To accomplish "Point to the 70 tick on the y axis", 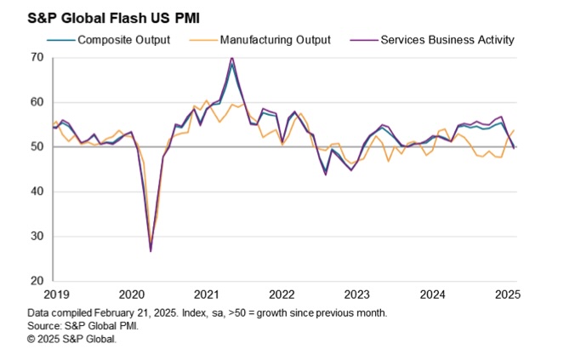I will click(37, 58).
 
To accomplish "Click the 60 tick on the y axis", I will click(37, 102).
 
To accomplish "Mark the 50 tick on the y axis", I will click(37, 147).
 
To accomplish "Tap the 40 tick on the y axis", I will click(37, 191).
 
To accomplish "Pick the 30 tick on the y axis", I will click(37, 237).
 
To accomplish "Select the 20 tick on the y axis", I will click(37, 281).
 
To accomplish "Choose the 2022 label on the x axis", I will click(282, 294).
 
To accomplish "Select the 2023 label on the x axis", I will click(357, 294).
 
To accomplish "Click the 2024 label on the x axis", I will click(433, 294).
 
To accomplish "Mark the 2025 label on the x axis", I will click(509, 294).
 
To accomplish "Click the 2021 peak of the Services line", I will click(231, 58).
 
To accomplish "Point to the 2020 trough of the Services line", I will click(151, 251).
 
